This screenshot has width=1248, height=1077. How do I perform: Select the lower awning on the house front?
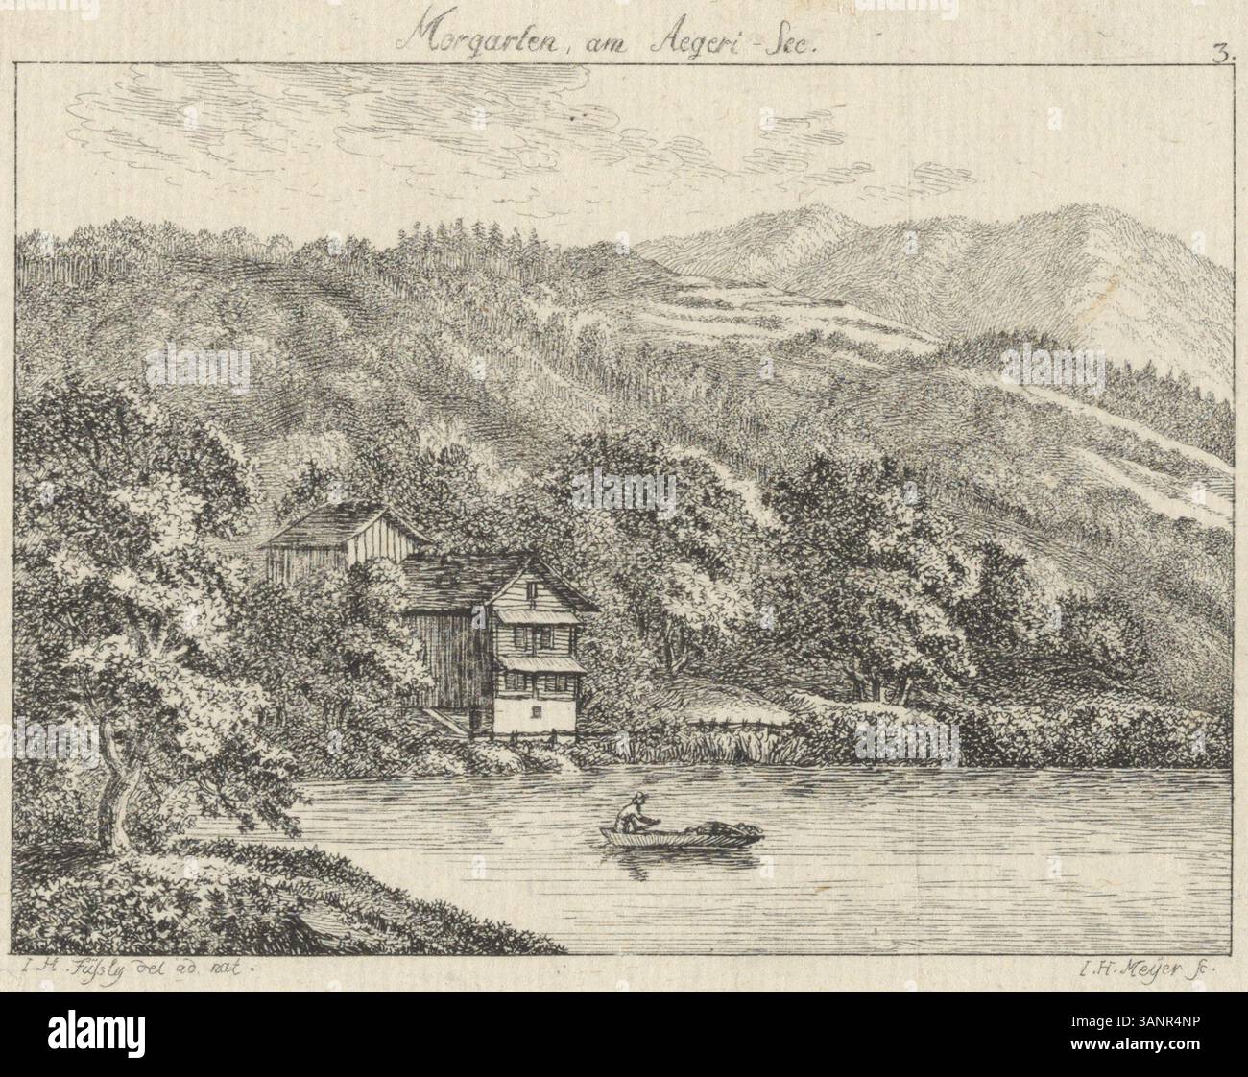click(540, 663)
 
